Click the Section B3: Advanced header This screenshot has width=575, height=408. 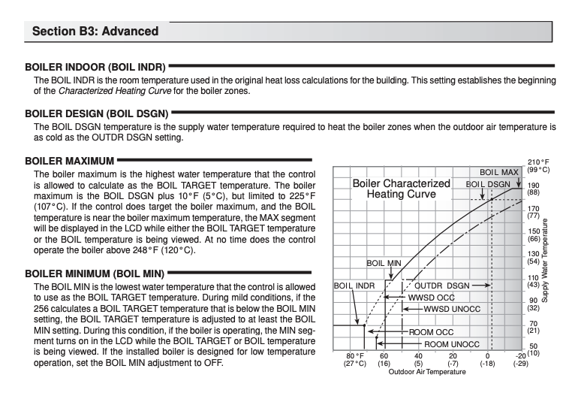[96, 32]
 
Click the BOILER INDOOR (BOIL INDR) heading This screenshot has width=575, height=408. [95, 67]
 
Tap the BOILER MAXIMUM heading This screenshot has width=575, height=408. [69, 160]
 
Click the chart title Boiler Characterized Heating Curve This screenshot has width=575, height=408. [401, 189]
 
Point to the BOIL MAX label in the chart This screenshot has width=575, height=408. [499, 173]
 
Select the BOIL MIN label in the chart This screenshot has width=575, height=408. [384, 264]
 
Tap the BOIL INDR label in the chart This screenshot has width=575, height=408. [354, 286]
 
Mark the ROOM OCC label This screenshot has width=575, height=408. [431, 331]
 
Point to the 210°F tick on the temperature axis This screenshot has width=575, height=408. [539, 162]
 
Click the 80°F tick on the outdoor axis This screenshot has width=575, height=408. [354, 355]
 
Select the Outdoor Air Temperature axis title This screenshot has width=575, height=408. [427, 371]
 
